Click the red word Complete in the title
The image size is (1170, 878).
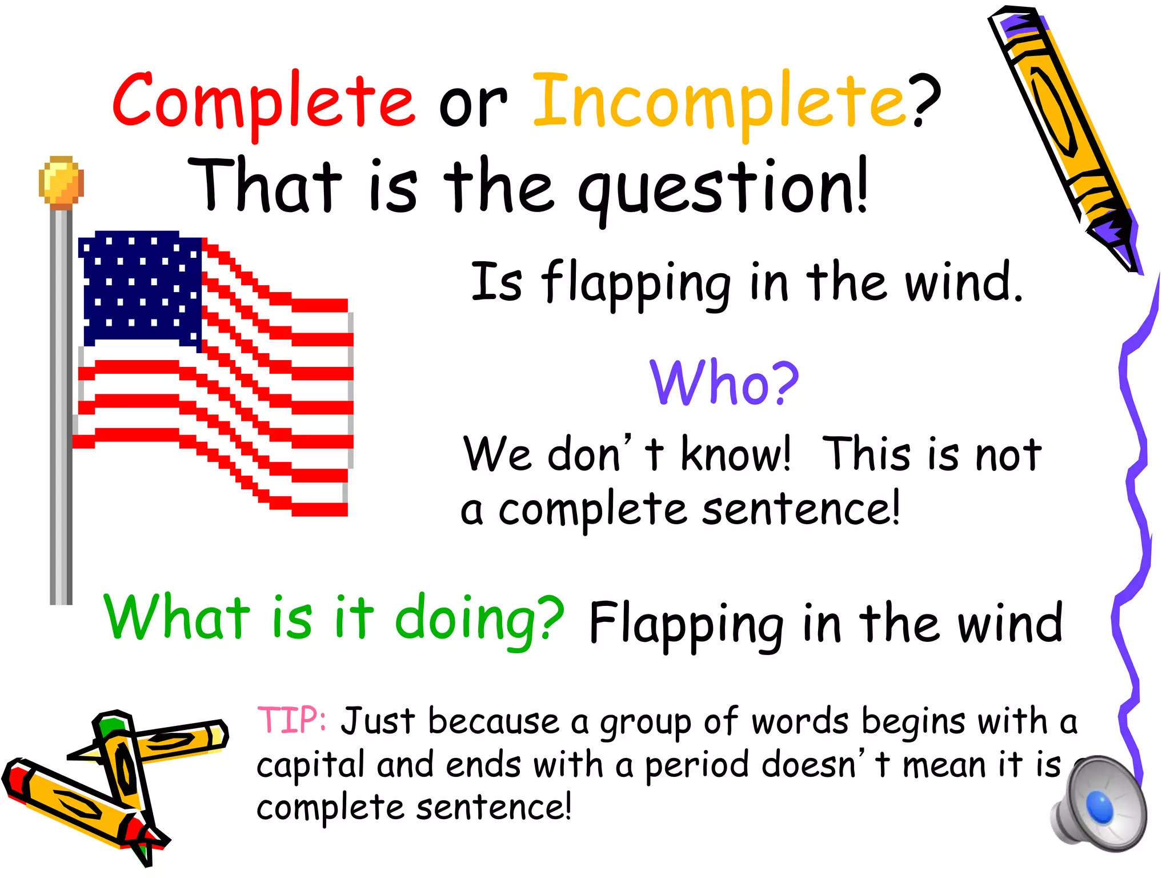(x=263, y=102)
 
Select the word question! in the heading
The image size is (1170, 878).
(x=723, y=189)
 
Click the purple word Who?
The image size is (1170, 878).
(x=724, y=383)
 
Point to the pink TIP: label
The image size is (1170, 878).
(x=291, y=720)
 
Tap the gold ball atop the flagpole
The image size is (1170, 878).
(x=61, y=181)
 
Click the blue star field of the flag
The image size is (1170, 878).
(x=140, y=289)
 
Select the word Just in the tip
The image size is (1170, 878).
(x=378, y=721)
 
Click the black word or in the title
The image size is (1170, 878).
(x=472, y=106)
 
